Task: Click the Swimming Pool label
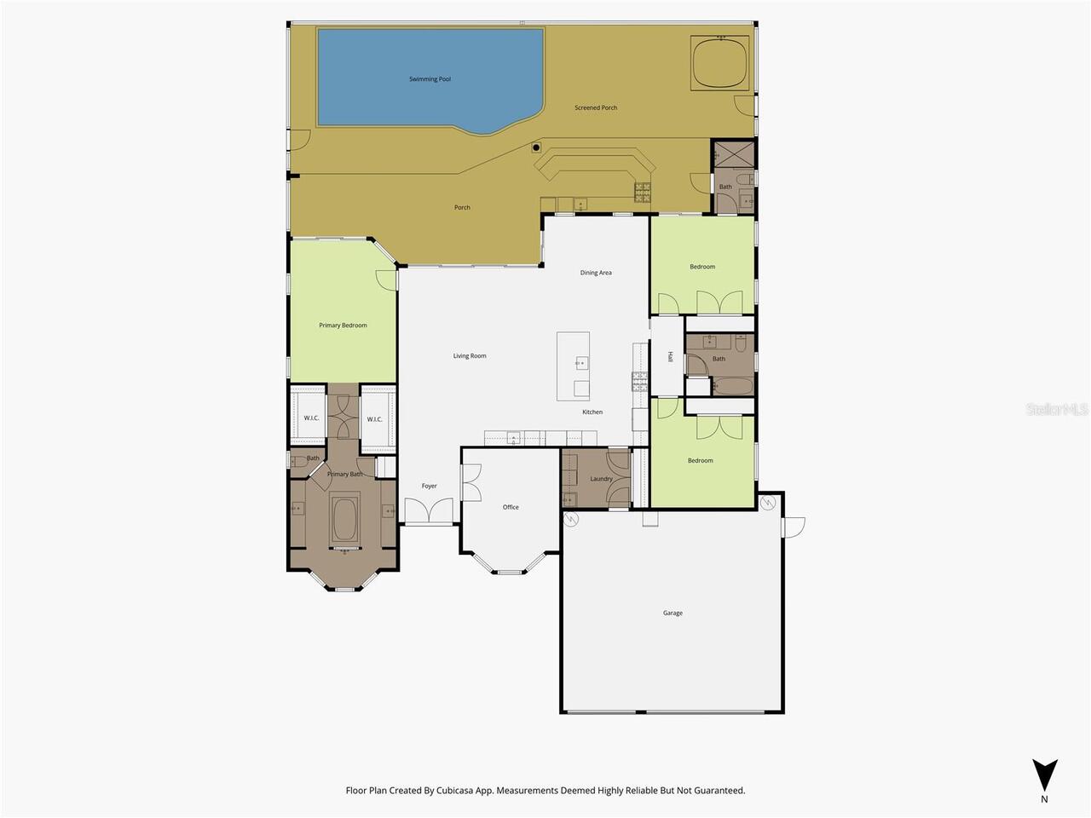[430, 79]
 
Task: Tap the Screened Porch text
[596, 107]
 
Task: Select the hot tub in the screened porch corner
[719, 63]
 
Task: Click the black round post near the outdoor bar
[536, 147]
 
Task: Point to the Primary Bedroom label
[343, 325]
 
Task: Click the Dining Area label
[596, 273]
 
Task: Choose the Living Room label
[469, 355]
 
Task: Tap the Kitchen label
[592, 412]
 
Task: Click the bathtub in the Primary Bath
[344, 520]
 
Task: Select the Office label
[511, 507]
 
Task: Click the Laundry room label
[601, 479]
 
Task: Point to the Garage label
[672, 613]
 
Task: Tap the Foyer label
[429, 486]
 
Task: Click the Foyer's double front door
[429, 510]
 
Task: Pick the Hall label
[669, 357]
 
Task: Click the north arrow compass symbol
[1045, 775]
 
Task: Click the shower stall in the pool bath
[735, 154]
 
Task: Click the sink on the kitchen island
[581, 363]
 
